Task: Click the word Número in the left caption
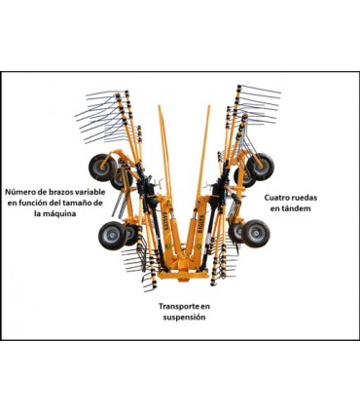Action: pos(18,192)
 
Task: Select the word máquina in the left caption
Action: pos(59,214)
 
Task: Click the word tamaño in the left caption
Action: pos(76,203)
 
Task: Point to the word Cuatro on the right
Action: pos(275,198)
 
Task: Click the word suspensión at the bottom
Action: pos(184,317)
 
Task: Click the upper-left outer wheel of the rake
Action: pos(102,168)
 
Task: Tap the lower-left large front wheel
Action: pos(113,236)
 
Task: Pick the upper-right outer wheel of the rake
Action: pos(261,167)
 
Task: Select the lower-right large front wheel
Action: pos(256,234)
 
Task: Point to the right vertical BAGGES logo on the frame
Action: pos(200,223)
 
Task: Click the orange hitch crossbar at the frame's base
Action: pos(183,275)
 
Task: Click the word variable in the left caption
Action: pos(88,192)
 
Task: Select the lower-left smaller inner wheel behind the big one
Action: pos(131,235)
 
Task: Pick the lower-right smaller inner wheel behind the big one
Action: pos(236,233)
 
